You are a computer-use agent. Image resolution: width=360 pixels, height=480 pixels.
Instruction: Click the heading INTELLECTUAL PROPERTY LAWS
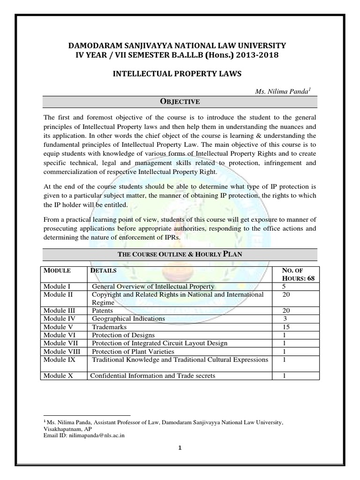click(180, 74)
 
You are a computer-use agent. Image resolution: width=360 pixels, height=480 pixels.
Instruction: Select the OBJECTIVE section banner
click(180, 101)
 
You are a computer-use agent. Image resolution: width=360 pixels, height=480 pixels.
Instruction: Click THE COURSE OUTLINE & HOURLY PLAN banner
click(180, 254)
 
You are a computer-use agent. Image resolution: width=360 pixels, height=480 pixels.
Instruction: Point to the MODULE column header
click(57, 271)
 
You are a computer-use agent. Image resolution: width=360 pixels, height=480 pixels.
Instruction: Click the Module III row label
click(60, 310)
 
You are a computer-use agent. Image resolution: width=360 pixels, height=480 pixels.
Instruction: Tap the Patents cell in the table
click(103, 310)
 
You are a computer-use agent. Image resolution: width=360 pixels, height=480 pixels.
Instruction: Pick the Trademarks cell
click(108, 327)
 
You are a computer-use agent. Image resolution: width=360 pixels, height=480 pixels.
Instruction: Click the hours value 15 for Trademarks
click(286, 327)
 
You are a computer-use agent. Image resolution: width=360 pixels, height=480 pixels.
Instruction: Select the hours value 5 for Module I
click(284, 286)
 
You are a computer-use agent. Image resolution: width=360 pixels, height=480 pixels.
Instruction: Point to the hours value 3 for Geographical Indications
click(285, 318)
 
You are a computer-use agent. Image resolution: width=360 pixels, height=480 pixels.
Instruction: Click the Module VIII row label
click(60, 351)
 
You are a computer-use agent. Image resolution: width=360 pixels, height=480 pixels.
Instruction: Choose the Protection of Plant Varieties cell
click(133, 351)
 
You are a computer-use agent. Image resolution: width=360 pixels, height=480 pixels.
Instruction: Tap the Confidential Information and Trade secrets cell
click(153, 375)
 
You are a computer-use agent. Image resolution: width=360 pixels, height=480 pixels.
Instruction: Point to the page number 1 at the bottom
click(180, 448)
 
